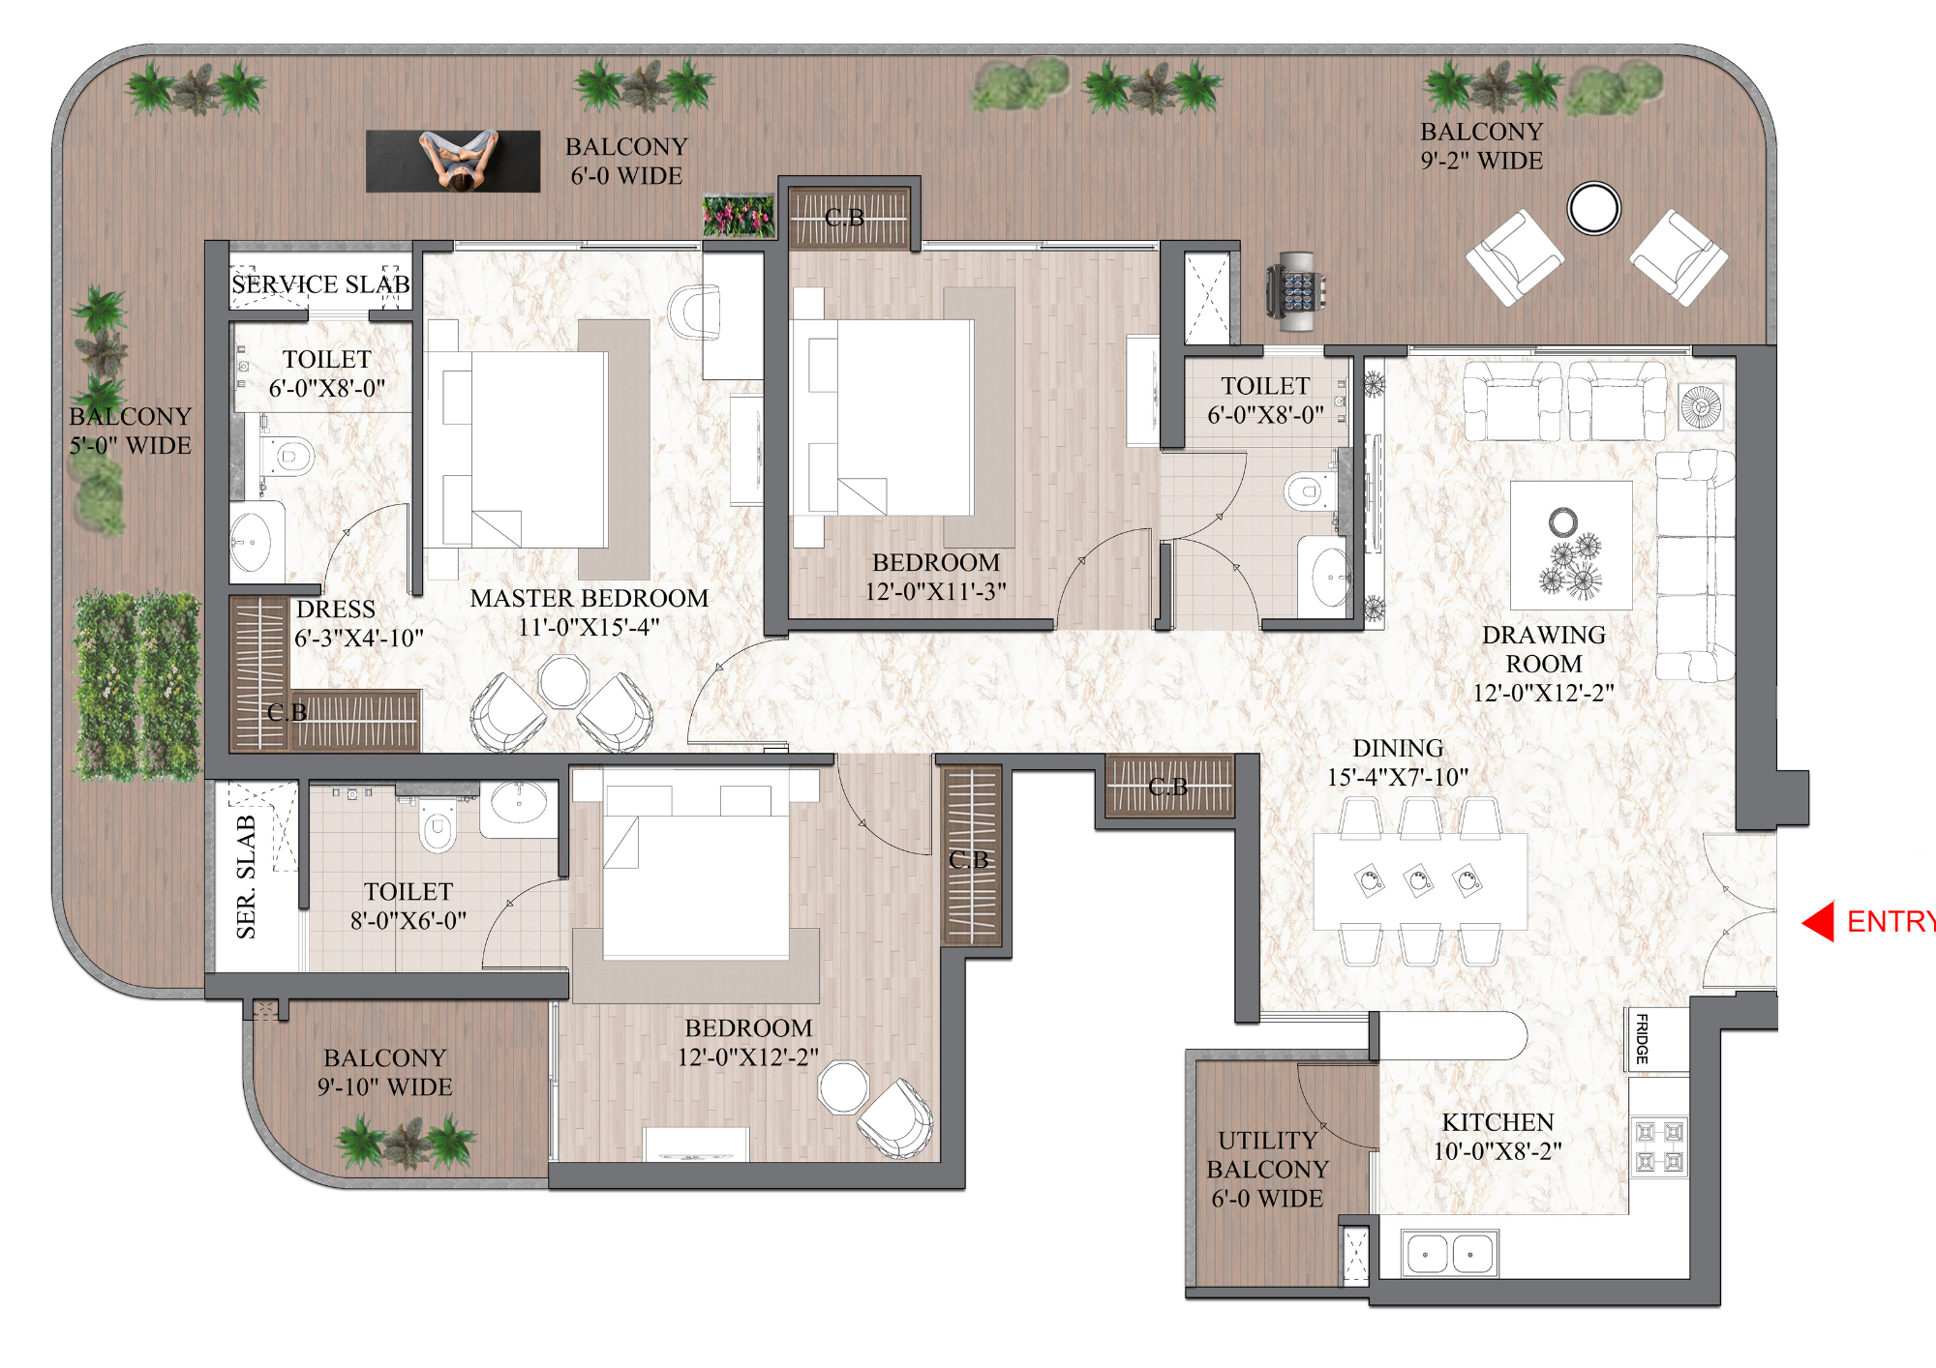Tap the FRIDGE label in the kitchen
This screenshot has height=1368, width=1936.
(1642, 1038)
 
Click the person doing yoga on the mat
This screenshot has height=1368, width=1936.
(458, 161)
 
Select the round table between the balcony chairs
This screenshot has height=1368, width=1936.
(1593, 208)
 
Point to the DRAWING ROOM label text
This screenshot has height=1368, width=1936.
(1543, 650)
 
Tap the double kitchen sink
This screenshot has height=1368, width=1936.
(1448, 1254)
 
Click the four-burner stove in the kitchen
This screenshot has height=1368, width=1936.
(1659, 1146)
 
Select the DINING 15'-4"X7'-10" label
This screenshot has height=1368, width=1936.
(1397, 762)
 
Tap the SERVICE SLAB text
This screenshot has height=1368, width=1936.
(319, 284)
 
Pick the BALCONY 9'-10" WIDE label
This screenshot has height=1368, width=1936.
(384, 1072)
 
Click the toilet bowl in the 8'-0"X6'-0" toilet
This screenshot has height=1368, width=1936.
(438, 829)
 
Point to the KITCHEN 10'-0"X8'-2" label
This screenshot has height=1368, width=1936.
(1497, 1136)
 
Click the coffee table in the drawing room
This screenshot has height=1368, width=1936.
(1570, 545)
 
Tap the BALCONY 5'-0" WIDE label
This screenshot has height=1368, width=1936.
(130, 431)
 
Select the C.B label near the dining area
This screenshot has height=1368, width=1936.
(1167, 787)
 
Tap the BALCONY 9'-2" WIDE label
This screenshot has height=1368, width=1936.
(1481, 146)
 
